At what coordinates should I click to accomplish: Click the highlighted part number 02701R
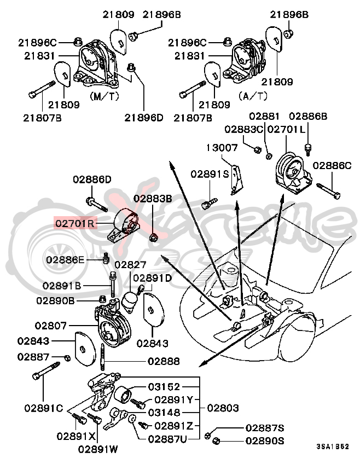click(74, 223)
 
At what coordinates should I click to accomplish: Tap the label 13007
click(222, 148)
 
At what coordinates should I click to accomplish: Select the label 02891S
click(210, 173)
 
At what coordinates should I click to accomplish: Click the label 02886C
click(332, 164)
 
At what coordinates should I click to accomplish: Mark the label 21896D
click(144, 117)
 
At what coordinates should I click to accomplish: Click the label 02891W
click(98, 449)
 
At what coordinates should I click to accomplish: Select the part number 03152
click(165, 386)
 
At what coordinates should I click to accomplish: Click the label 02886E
click(65, 259)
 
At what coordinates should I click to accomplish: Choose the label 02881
click(264, 116)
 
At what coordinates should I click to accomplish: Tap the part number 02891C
click(44, 408)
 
